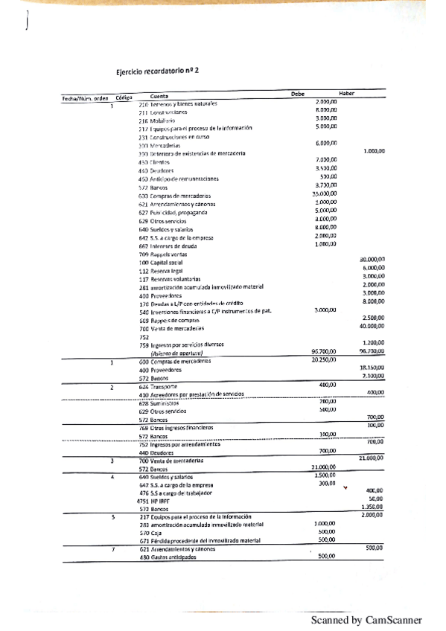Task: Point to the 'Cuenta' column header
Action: [159, 96]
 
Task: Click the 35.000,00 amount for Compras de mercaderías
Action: [322, 193]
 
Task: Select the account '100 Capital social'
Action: [161, 263]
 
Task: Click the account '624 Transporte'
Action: [158, 387]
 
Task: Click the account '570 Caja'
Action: [150, 533]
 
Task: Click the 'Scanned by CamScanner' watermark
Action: [366, 619]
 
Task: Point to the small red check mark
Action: [345, 488]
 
